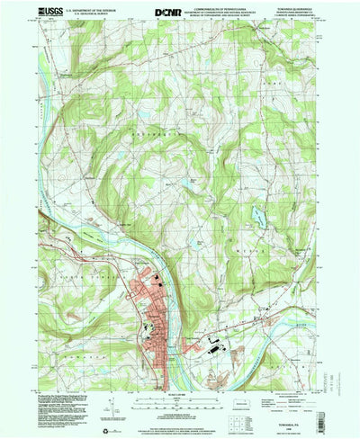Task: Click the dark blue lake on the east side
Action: (259, 216)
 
